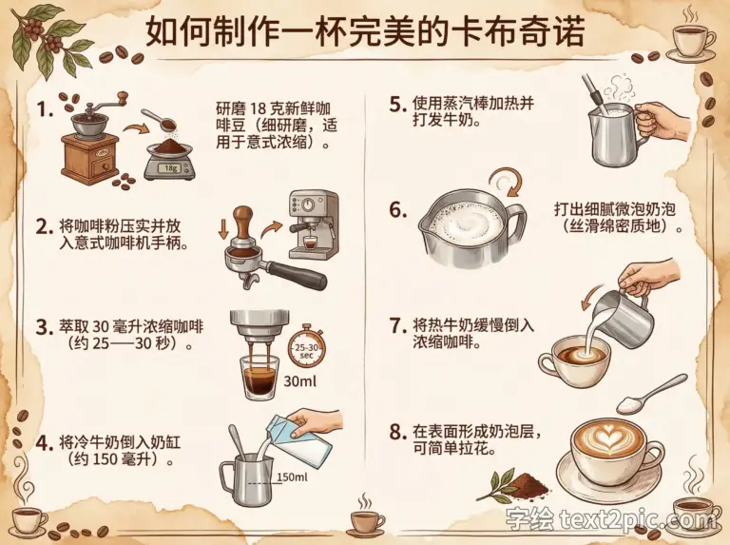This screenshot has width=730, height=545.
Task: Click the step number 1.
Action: (46, 110)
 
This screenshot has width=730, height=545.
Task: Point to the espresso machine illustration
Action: (313, 224)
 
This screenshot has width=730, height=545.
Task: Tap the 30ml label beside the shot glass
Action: (299, 381)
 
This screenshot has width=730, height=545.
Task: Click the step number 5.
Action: (398, 105)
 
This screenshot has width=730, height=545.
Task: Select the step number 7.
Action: (398, 325)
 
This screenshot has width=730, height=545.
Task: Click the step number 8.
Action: (398, 432)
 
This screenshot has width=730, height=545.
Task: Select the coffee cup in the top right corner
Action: (692, 42)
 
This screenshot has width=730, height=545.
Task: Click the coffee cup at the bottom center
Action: (367, 521)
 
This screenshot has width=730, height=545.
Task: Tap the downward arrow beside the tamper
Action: (223, 227)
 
